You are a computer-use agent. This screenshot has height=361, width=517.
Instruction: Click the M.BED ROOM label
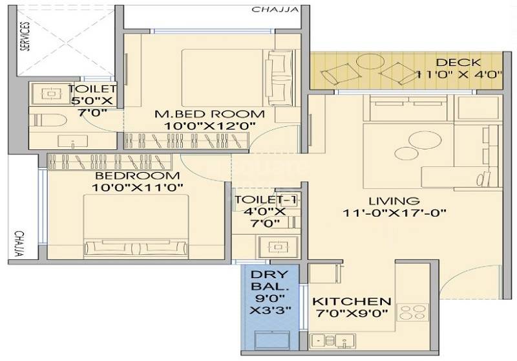click(200, 114)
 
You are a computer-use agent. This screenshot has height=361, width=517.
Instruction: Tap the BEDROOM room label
click(137, 176)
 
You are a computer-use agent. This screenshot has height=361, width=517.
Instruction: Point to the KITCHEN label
click(352, 301)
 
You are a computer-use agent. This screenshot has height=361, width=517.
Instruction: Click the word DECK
click(458, 63)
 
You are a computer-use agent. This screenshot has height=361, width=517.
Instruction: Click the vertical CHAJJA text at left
click(19, 244)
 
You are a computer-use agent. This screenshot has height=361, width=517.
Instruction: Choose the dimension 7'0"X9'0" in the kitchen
click(352, 314)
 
